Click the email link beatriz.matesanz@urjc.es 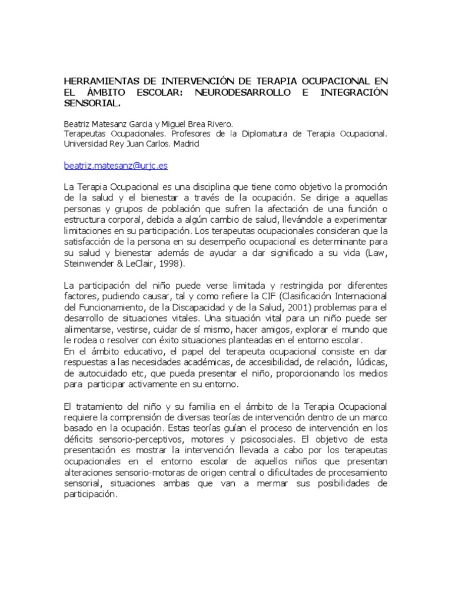coord(115,166)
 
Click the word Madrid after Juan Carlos coord(187,143)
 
